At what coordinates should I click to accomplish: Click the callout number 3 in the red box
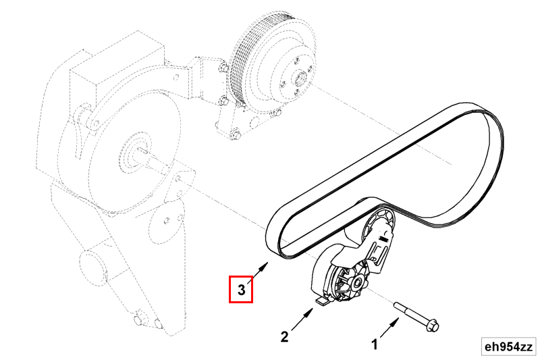[241, 290]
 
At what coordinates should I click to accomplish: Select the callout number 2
[284, 336]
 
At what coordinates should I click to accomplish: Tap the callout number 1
[375, 344]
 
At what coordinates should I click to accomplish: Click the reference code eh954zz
[508, 346]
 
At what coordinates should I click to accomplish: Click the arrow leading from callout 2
[302, 319]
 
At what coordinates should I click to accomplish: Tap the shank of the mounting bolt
[410, 312]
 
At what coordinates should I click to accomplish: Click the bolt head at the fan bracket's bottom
[235, 134]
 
